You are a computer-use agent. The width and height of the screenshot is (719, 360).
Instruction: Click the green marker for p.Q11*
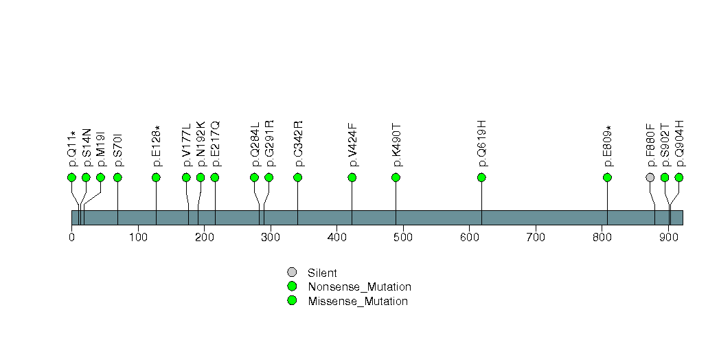(x=71, y=177)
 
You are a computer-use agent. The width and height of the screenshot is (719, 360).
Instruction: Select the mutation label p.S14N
(x=87, y=147)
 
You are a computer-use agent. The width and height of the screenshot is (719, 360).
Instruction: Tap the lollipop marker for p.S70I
(x=117, y=177)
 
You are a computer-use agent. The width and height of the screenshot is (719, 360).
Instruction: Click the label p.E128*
(x=157, y=146)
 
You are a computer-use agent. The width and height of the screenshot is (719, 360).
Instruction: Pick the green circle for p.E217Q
(x=215, y=177)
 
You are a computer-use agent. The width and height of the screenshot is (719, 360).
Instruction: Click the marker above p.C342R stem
(x=298, y=177)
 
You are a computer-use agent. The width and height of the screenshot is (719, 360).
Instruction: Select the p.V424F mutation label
(x=353, y=144)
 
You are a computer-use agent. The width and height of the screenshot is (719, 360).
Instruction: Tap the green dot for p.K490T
(x=396, y=177)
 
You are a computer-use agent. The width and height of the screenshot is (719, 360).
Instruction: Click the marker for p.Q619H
(x=481, y=177)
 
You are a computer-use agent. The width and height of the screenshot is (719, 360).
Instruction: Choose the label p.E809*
(x=608, y=146)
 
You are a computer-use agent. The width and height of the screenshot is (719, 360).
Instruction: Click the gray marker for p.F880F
(x=650, y=177)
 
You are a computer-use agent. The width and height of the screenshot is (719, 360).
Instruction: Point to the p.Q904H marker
(x=679, y=177)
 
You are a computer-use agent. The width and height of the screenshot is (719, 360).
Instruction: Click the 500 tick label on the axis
(x=403, y=238)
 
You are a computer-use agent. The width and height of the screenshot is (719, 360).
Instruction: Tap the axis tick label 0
(x=71, y=238)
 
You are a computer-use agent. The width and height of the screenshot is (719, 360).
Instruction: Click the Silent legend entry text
(x=322, y=273)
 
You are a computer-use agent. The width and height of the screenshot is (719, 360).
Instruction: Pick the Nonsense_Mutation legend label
(x=359, y=287)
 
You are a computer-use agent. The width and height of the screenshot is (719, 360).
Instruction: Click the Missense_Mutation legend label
(x=358, y=301)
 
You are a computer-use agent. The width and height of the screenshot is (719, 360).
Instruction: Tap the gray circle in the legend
(x=292, y=273)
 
